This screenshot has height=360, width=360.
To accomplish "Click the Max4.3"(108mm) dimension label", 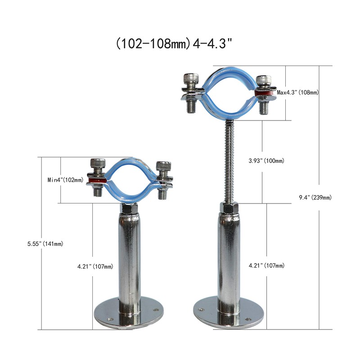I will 298,92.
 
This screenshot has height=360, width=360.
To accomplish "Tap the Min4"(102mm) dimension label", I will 66,180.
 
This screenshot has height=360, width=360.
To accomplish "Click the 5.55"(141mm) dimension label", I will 45,243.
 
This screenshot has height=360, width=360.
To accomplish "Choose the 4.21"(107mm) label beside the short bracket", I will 95,266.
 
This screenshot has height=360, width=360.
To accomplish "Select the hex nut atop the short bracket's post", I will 129,209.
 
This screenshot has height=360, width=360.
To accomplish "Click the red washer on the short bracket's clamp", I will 96,181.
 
